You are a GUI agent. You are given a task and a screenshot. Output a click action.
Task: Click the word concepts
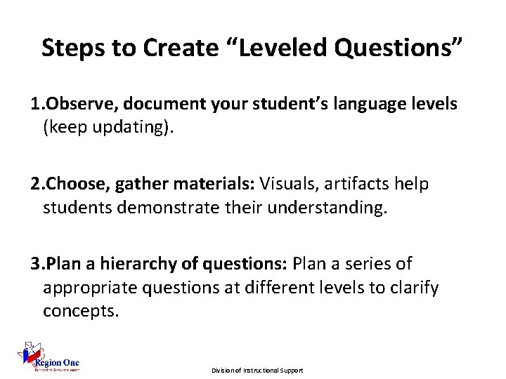tap(78, 310)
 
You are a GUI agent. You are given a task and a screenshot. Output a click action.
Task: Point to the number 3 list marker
tap(35, 264)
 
